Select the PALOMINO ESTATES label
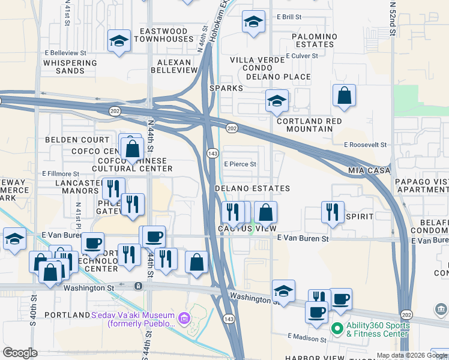(x=313, y=40)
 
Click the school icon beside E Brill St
(x=253, y=22)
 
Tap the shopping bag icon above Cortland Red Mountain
(x=344, y=96)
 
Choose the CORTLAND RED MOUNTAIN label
(x=313, y=125)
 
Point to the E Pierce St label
(x=240, y=164)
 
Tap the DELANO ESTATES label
(x=253, y=188)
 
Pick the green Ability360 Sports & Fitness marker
(x=337, y=329)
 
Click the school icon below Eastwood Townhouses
(x=119, y=41)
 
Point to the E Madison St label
(x=307, y=339)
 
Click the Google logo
(x=20, y=353)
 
